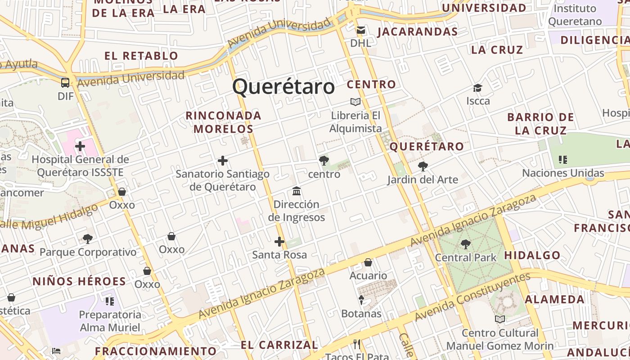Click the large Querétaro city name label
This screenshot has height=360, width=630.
pyautogui.click(x=283, y=86)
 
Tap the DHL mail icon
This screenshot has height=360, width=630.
pyautogui.click(x=361, y=30)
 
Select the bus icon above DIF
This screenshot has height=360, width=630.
pyautogui.click(x=65, y=82)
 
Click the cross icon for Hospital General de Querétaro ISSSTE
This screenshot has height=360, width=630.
pyautogui.click(x=80, y=146)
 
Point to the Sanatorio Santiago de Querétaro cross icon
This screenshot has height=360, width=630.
pyautogui.click(x=222, y=161)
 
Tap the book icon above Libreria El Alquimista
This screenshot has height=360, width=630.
pyautogui.click(x=355, y=102)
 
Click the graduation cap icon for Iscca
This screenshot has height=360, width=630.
pyautogui.click(x=477, y=88)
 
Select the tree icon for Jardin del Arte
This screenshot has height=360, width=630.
pyautogui.click(x=423, y=166)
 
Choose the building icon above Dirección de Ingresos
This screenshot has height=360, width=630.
pyautogui.click(x=297, y=191)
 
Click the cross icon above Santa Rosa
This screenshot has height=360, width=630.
pyautogui.click(x=279, y=242)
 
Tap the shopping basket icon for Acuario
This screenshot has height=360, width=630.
pyautogui.click(x=368, y=262)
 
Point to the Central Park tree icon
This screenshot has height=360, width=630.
pyautogui.click(x=465, y=244)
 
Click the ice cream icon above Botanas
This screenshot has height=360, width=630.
pyautogui.click(x=361, y=300)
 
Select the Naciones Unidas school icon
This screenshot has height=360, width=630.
pyautogui.click(x=562, y=159)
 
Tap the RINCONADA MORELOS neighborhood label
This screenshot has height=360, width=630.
pyautogui.click(x=224, y=122)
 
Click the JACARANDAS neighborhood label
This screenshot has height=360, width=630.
pyautogui.click(x=417, y=31)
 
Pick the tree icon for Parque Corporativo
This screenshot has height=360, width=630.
pyautogui.click(x=88, y=239)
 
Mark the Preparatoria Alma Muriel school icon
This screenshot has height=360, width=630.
pyautogui.click(x=110, y=301)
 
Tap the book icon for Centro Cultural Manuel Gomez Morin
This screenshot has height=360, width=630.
pyautogui.click(x=499, y=319)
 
